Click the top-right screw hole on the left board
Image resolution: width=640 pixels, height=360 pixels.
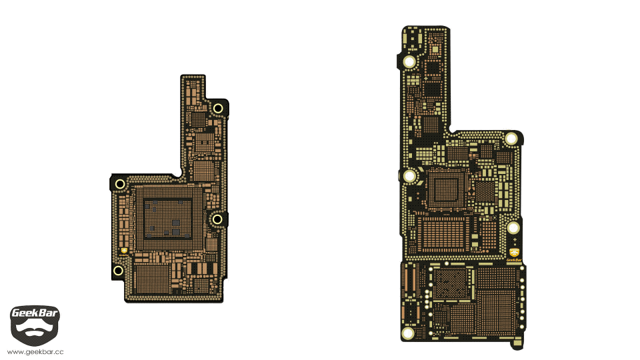[x=218, y=109]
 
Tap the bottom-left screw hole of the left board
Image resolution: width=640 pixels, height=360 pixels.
[x=118, y=270]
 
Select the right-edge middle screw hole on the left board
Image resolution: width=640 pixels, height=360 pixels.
[x=217, y=219]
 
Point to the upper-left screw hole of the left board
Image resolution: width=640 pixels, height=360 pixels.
[x=120, y=184]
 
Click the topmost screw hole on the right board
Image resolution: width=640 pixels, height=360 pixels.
[x=409, y=62]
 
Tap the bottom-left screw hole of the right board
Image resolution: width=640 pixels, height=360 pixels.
[x=408, y=333]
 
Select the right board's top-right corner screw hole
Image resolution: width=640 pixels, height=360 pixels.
[x=511, y=139]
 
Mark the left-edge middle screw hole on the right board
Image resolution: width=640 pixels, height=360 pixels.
[x=410, y=176]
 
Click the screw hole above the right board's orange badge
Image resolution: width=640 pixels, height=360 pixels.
[x=513, y=228]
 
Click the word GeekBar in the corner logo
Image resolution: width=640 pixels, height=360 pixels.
[x=35, y=313]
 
